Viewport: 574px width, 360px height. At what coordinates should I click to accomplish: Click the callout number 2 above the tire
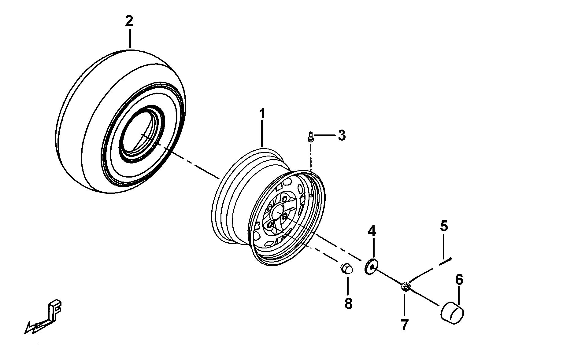pos(129,21)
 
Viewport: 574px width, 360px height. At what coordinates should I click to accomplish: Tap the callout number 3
pos(341,135)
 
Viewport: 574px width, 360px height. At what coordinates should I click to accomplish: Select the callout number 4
pos(372,231)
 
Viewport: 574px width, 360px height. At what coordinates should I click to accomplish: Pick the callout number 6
pos(459,280)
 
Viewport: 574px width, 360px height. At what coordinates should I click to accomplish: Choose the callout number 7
pos(405,325)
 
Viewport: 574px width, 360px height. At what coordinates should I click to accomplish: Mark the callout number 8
pos(348,303)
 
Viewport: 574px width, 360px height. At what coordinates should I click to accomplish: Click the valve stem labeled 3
pos(310,136)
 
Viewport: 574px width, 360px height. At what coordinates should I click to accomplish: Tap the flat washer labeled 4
pos(371,267)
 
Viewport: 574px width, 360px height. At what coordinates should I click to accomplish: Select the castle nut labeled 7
pos(405,287)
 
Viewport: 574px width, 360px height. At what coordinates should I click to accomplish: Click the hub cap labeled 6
pos(452,312)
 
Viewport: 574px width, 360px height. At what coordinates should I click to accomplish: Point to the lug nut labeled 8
pos(346,269)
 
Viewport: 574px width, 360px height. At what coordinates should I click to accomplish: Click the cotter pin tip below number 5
pos(450,259)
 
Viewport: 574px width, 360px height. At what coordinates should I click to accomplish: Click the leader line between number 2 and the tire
pos(130,39)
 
